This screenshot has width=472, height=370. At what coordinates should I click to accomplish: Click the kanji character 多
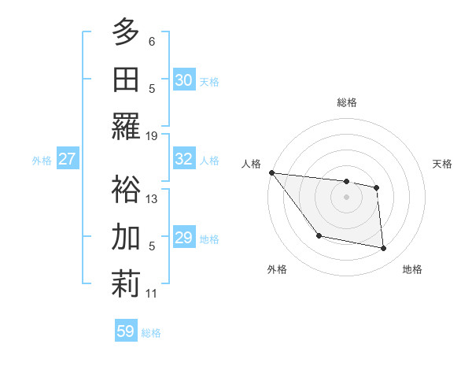tap(126, 31)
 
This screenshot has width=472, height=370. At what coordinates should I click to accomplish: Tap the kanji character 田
tap(126, 79)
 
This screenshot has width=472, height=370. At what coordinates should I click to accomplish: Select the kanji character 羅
tap(126, 126)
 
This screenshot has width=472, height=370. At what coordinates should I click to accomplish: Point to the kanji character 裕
tap(126, 189)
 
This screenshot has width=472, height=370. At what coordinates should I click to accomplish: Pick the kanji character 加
tap(126, 236)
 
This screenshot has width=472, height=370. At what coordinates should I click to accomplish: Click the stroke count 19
tap(152, 135)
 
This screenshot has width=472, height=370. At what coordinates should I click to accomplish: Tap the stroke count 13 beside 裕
tap(152, 198)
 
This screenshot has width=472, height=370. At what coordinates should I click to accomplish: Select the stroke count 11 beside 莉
tap(152, 294)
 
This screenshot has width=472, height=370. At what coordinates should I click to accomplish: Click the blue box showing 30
tap(184, 80)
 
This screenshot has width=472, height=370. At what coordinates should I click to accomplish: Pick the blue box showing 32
tap(184, 159)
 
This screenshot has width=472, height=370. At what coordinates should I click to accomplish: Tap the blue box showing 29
tap(184, 238)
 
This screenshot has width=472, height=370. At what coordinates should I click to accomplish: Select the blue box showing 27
tap(67, 159)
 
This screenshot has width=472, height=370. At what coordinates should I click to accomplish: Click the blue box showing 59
tap(126, 331)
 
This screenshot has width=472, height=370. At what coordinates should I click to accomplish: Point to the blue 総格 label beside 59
tap(151, 333)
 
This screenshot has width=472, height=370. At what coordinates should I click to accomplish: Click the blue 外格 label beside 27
tap(42, 161)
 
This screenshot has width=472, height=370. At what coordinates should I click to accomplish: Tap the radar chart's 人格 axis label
tap(252, 164)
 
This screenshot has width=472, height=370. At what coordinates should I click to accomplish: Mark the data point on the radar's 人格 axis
tap(271, 172)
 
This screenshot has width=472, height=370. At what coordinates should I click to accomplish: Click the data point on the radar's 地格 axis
tap(384, 248)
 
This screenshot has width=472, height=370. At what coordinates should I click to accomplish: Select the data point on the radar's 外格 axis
tap(319, 235)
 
